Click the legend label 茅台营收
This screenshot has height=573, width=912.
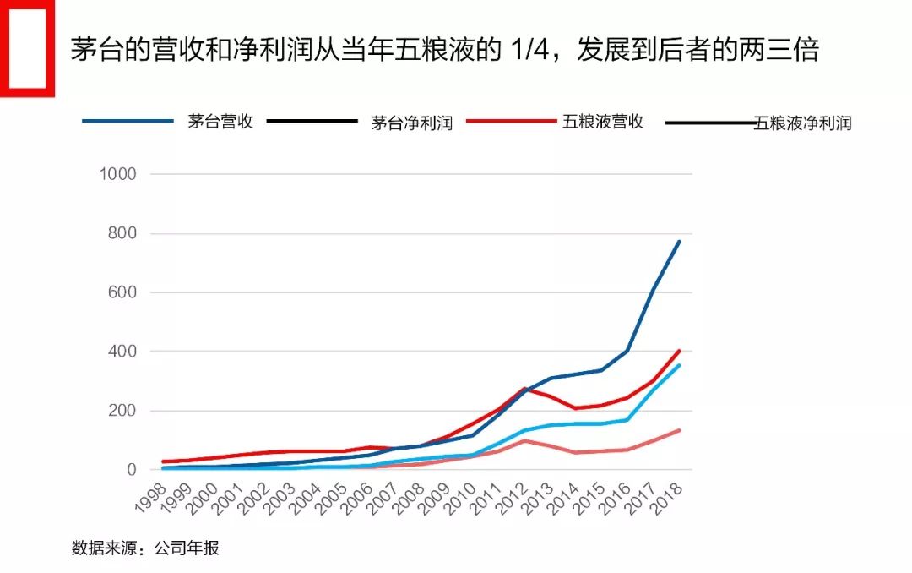[220, 122]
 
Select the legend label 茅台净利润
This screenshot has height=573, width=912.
[412, 123]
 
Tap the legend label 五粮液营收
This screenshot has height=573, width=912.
[603, 122]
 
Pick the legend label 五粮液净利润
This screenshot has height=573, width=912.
[802, 123]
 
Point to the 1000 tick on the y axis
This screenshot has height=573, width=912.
[117, 174]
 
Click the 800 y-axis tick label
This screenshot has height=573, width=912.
[122, 233]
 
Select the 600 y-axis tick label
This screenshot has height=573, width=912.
[122, 292]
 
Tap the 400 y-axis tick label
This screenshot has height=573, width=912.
[122, 352]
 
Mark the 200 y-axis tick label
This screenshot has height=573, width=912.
[122, 411]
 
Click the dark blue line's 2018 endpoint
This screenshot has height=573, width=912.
[679, 242]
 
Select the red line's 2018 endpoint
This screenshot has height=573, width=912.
[679, 351]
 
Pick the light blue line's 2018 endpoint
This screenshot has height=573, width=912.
[679, 365]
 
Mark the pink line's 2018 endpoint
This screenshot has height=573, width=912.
[679, 430]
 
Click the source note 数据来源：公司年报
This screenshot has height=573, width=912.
[145, 548]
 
